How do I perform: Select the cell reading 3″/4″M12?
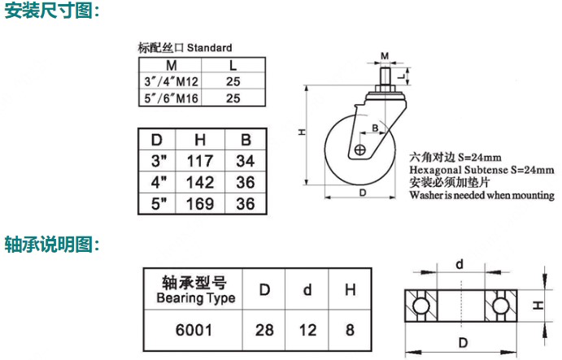coord(171,82)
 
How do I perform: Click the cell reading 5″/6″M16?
coord(171,98)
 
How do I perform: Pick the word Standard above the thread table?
coord(210,48)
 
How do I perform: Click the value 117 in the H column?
coord(200,161)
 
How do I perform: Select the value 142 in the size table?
coord(200,182)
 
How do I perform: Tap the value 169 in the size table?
coord(200,204)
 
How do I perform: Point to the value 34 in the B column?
coord(246,161)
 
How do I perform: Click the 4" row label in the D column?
coord(159,182)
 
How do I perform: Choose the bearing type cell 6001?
coord(194,330)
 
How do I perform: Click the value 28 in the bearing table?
coord(264,330)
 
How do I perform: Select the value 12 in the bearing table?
coord(307,330)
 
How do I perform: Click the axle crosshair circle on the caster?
coord(359,150)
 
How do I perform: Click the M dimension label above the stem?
coord(385,56)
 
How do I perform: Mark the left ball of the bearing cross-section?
coord(420,306)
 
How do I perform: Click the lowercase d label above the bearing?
coord(460,264)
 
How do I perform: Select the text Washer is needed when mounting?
coord(482,195)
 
